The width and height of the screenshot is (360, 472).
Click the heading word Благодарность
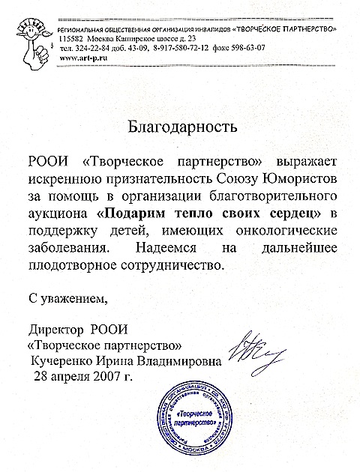click(179, 124)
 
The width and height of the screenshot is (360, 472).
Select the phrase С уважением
click(67, 300)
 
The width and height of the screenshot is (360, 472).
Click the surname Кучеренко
click(61, 361)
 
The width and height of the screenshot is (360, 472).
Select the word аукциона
click(57, 214)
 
